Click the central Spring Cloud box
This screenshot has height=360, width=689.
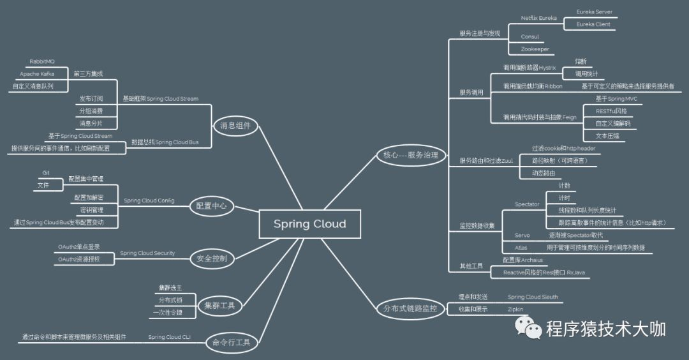[x=309, y=224]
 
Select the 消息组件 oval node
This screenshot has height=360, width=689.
[x=235, y=126]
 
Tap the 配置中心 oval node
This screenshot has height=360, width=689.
[x=212, y=206]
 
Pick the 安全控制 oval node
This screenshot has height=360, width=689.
[x=212, y=259]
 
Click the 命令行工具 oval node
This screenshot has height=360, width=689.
[x=230, y=342]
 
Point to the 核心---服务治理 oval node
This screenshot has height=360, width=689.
[x=411, y=154]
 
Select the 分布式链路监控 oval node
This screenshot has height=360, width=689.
[x=410, y=309]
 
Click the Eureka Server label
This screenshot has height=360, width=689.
[x=594, y=11]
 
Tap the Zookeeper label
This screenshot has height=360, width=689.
[x=535, y=49]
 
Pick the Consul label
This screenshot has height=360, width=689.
[x=530, y=36]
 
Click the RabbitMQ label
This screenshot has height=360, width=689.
[x=42, y=61]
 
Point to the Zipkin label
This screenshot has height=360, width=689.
[x=515, y=309]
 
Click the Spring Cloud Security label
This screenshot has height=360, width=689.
[x=147, y=253]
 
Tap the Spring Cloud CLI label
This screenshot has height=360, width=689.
[x=169, y=336]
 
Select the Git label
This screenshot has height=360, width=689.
[x=46, y=173]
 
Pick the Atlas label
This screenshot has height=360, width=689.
[x=521, y=247]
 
